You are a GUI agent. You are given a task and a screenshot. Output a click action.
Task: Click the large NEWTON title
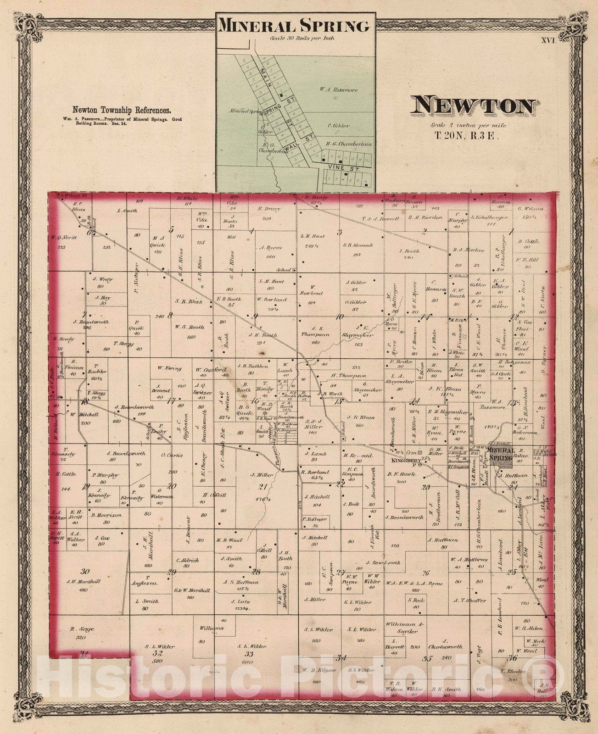point(473,106)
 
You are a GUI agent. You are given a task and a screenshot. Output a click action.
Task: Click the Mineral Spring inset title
point(294,26)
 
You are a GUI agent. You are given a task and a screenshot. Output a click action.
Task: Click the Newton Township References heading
point(122,110)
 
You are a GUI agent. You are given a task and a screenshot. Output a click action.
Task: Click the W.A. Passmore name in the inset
point(340,90)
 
